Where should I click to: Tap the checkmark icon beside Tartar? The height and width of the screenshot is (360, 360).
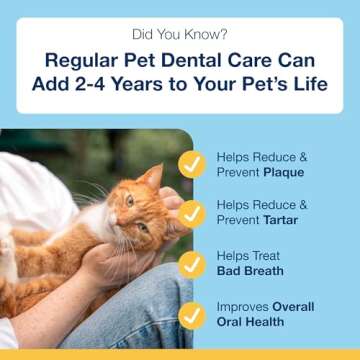[191, 215]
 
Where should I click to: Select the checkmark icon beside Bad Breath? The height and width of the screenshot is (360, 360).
[191, 264]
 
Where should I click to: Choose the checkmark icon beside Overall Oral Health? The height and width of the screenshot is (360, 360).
[191, 313]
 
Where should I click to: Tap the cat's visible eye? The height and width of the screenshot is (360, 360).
[129, 201]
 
